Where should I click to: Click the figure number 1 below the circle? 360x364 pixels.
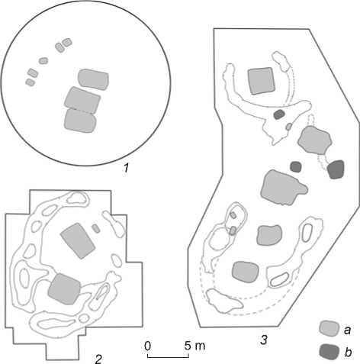pyautogui.click(x=127, y=168)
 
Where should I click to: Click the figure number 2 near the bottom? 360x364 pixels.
pyautogui.click(x=98, y=359)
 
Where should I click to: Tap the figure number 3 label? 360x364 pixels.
pyautogui.click(x=264, y=340)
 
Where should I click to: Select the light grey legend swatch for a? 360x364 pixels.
pyautogui.click(x=329, y=328)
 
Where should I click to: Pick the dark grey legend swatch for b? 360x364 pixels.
pyautogui.click(x=329, y=352)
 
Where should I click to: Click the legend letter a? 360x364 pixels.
pyautogui.click(x=348, y=330)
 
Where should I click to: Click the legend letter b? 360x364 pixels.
pyautogui.click(x=348, y=352)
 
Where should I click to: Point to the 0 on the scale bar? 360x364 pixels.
pyautogui.click(x=148, y=346)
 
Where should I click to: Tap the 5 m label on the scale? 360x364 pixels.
pyautogui.click(x=194, y=346)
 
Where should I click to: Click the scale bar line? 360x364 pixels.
pyautogui.click(x=168, y=357)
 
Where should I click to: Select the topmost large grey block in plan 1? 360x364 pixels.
pyautogui.click(x=93, y=79)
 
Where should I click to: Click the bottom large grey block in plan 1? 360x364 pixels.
pyautogui.click(x=80, y=121)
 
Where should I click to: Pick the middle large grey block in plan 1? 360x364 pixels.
pyautogui.click(x=82, y=100)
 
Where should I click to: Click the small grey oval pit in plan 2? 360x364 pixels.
pyautogui.click(x=96, y=228)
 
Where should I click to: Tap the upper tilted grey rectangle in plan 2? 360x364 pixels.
pyautogui.click(x=78, y=240)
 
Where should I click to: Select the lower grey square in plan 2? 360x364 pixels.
pyautogui.click(x=65, y=288)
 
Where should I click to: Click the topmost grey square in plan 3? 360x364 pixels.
pyautogui.click(x=262, y=81)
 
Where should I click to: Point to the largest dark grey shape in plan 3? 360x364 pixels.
pyautogui.click(x=336, y=169)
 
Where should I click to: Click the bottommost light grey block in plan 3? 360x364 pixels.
pyautogui.click(x=246, y=272)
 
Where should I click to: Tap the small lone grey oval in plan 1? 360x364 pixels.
pyautogui.click(x=43, y=61)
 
